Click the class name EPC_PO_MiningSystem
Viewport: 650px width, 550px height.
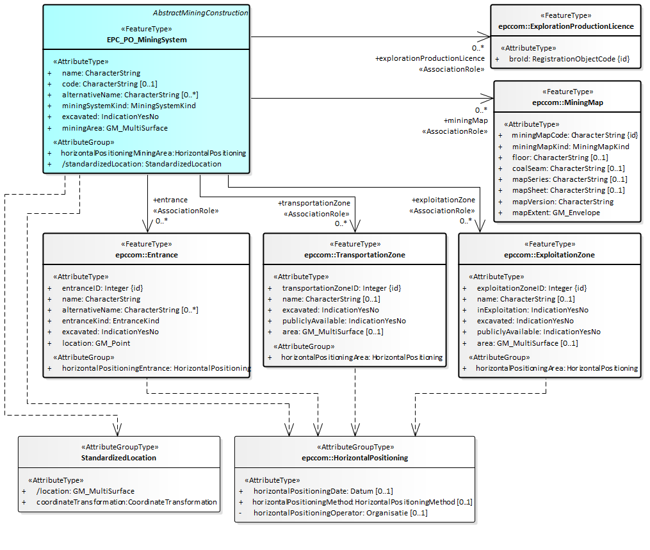point(147,40)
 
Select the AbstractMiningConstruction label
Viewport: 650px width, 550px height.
point(200,13)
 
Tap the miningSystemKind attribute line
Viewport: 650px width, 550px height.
point(128,106)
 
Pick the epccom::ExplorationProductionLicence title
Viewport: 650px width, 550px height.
point(566,26)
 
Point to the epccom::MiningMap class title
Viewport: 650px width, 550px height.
point(567,102)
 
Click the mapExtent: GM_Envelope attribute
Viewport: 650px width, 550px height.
point(555,213)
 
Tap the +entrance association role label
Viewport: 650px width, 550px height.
point(170,200)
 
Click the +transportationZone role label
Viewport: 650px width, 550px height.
point(313,203)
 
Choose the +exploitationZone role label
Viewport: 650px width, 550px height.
point(444,200)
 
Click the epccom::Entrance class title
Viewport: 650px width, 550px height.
point(146,255)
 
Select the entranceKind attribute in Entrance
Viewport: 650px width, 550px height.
point(110,321)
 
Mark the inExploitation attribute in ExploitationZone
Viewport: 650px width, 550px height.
point(533,310)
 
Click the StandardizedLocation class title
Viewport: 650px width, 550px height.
point(118,458)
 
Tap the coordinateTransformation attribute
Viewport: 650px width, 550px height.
point(126,502)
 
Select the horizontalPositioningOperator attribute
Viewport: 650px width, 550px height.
point(340,513)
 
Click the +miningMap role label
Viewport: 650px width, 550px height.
point(466,120)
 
